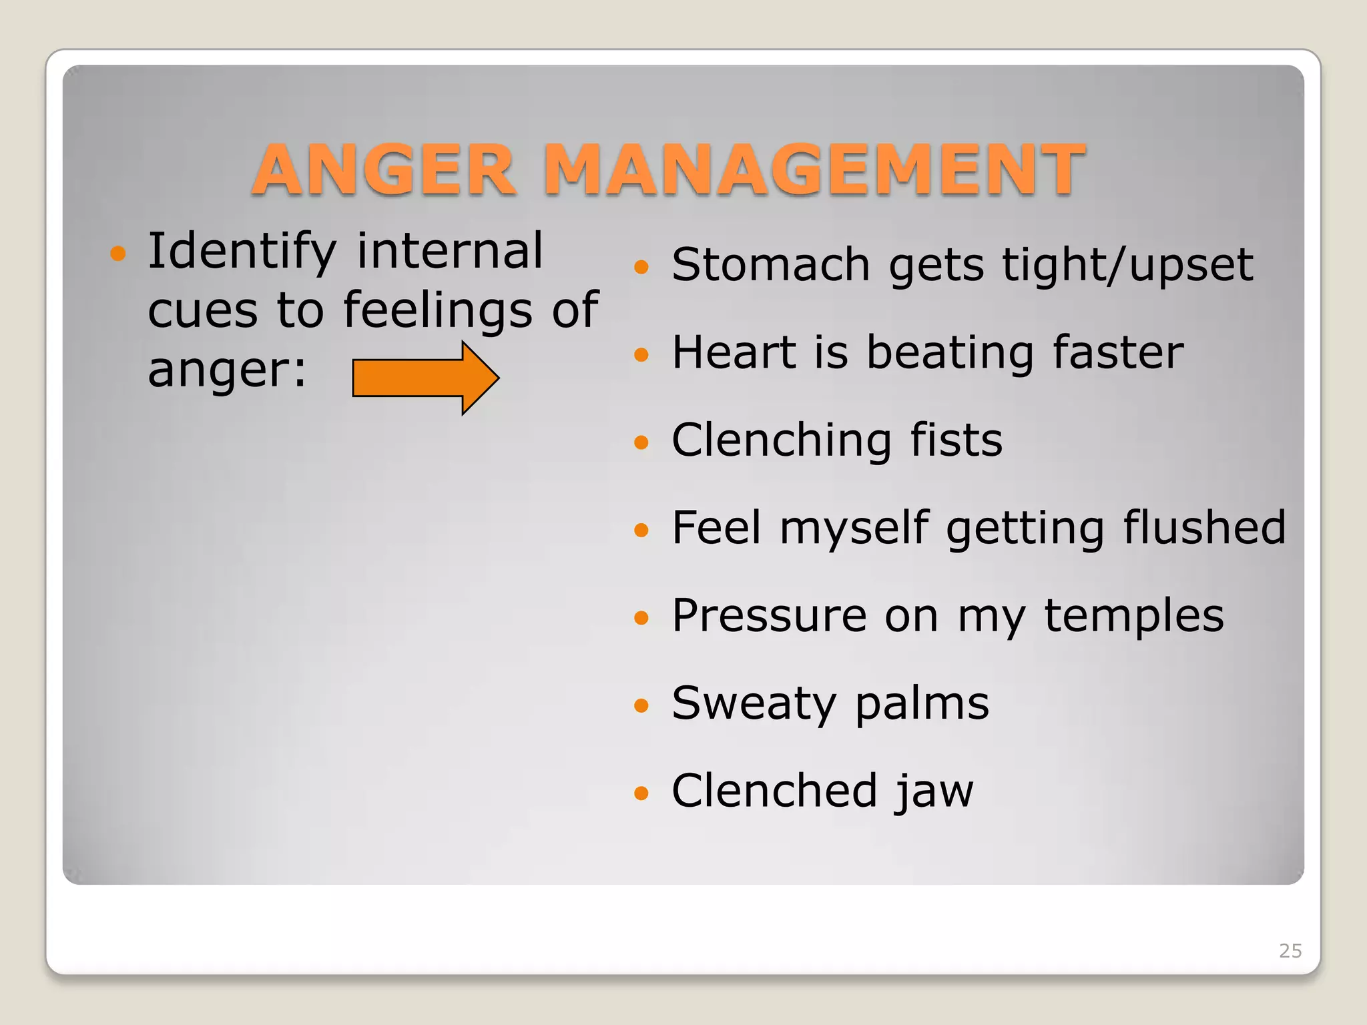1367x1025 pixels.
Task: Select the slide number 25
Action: point(1290,950)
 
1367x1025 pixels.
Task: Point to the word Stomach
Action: point(771,265)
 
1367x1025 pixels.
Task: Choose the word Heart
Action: point(734,352)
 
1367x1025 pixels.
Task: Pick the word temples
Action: point(1133,616)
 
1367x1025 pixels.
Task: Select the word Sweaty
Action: point(754,704)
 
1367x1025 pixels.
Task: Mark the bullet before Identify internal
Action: point(118,254)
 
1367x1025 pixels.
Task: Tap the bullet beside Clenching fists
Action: point(641,442)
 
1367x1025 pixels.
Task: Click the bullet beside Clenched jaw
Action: point(641,793)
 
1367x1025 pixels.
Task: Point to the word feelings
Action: point(437,311)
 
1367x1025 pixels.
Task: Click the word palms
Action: point(922,704)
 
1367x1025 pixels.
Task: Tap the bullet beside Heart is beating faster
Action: point(641,354)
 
